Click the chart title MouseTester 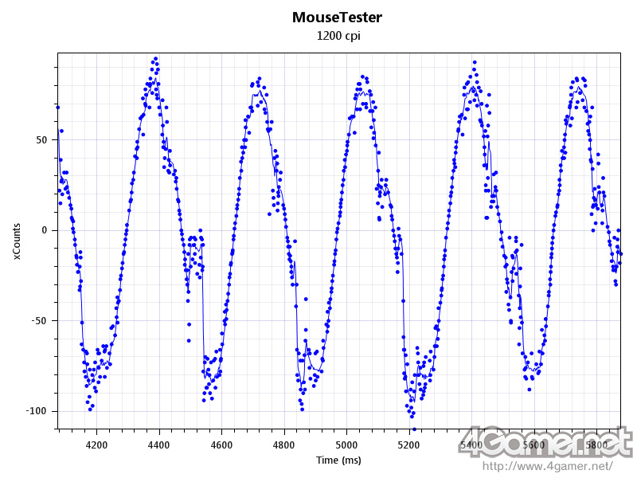pos(338,17)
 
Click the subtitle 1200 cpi pos(338,36)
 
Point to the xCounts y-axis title pos(17,241)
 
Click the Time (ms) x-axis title pos(338,460)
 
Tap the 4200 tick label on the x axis pos(96,444)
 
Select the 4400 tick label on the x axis pos(159,444)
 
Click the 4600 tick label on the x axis pos(221,444)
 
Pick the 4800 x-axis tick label pos(284,444)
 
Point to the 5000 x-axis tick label pos(346,444)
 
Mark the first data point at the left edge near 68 pos(57,107)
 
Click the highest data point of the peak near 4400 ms pos(155,59)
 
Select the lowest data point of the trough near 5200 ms pos(413,429)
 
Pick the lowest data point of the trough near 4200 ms pos(91,409)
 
